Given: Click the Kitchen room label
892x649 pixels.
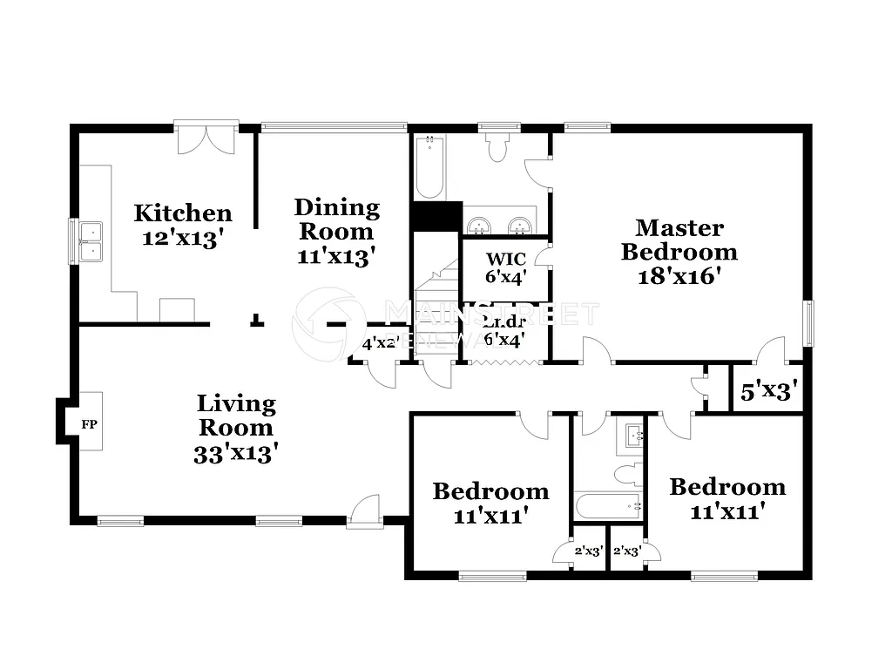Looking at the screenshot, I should pyautogui.click(x=183, y=213).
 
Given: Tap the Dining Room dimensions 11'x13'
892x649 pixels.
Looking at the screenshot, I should pyautogui.click(x=336, y=256).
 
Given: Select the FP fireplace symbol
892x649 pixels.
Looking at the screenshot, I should pyautogui.click(x=89, y=424).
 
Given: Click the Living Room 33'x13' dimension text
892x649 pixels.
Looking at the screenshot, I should pyautogui.click(x=236, y=453).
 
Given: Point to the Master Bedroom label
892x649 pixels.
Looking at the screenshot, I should pyautogui.click(x=679, y=240).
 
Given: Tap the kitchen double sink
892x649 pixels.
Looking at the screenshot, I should pyautogui.click(x=90, y=241).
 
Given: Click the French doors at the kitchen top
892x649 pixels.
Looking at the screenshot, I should pyautogui.click(x=206, y=139).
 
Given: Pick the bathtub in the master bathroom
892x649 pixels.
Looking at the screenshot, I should pyautogui.click(x=429, y=168).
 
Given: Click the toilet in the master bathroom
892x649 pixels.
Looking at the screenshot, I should pyautogui.click(x=498, y=149).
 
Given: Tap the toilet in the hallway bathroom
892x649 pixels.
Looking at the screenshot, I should pyautogui.click(x=627, y=474).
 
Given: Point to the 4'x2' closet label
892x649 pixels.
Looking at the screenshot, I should pyautogui.click(x=379, y=343).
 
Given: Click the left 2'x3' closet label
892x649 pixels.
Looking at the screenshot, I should pyautogui.click(x=589, y=551).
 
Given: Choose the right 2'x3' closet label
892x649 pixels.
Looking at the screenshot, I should pyautogui.click(x=627, y=551).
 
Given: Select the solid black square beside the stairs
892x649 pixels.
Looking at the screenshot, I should pyautogui.click(x=436, y=216).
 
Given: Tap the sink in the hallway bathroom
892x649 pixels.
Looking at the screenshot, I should pyautogui.click(x=631, y=435).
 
